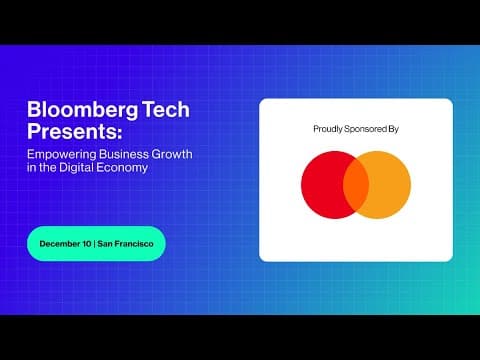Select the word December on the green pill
click(x=63, y=244)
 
